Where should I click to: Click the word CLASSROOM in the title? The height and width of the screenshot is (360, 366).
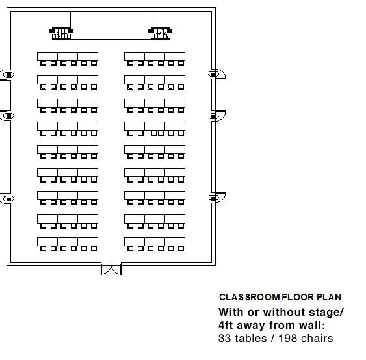[250, 297]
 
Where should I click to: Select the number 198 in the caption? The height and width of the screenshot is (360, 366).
[288, 339]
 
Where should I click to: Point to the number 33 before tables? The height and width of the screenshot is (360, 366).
[225, 339]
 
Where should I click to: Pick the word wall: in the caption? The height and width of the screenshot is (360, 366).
[312, 325]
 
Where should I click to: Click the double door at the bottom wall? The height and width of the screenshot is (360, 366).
[111, 269]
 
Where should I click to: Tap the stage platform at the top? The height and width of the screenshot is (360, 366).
[111, 25]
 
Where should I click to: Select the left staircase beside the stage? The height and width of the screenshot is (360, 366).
[61, 34]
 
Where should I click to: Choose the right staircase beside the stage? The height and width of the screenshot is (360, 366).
[161, 34]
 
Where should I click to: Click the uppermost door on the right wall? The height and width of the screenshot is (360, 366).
[217, 74]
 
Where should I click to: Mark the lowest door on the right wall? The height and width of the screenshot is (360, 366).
[217, 198]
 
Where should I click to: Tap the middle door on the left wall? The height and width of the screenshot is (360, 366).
[7, 116]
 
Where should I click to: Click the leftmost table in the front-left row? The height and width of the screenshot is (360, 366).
[47, 57]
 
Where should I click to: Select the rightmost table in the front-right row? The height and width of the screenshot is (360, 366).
[175, 57]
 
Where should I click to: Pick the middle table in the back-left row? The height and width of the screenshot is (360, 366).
[68, 242]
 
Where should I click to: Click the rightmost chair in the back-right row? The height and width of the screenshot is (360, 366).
[181, 249]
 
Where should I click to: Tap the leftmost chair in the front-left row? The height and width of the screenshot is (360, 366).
[43, 64]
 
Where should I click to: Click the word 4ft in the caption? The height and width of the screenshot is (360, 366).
[226, 325]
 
